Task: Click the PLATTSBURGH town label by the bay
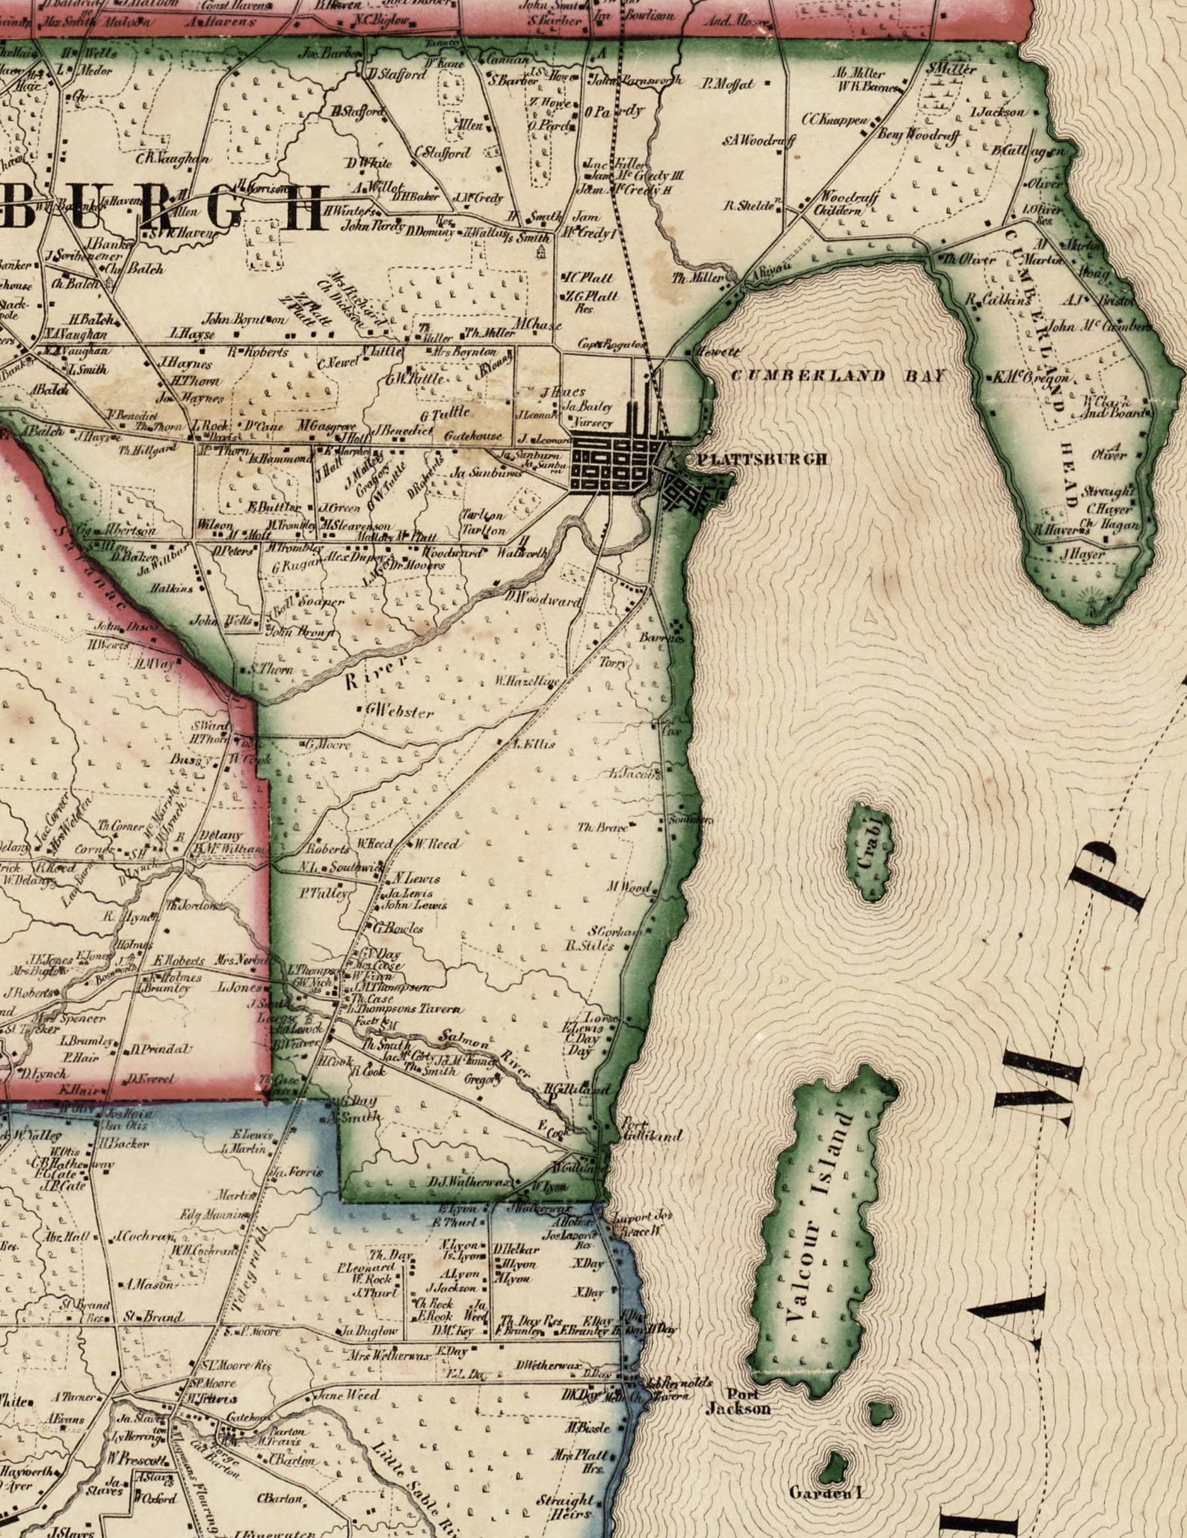click(762, 459)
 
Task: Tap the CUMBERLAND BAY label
click(837, 375)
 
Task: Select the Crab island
click(869, 852)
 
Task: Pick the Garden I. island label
click(827, 1492)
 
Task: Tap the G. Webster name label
click(400, 711)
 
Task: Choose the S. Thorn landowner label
click(273, 669)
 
